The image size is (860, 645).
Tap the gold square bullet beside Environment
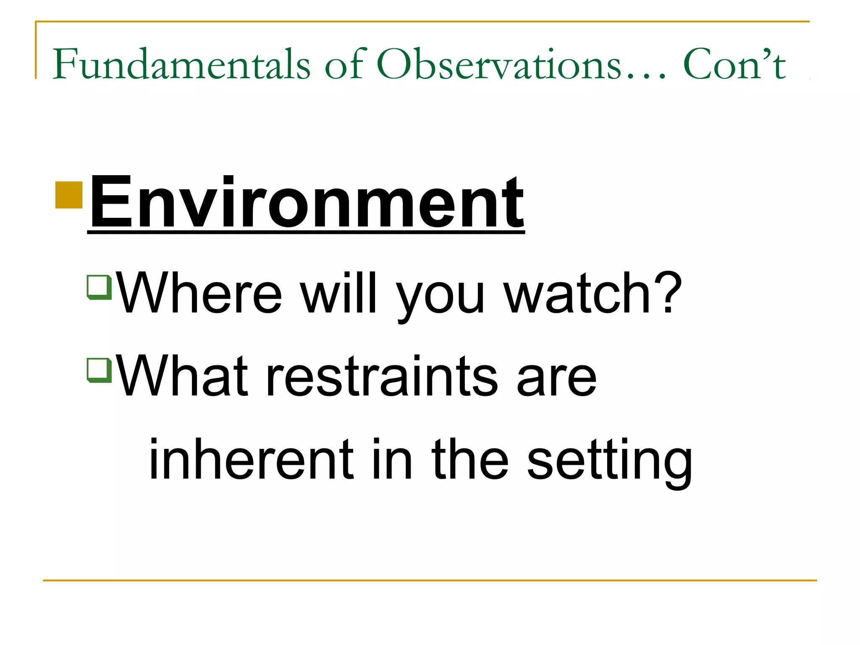69,195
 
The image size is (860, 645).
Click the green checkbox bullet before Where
99,287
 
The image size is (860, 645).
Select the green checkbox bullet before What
99,370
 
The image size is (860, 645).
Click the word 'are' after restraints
556,380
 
